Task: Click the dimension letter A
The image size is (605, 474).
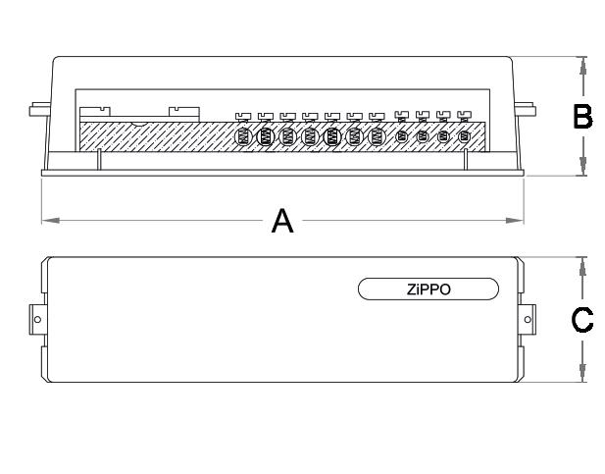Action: click(282, 222)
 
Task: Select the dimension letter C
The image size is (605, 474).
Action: click(581, 320)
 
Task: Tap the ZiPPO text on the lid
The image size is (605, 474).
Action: click(428, 289)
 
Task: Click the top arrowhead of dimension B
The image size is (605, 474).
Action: click(583, 64)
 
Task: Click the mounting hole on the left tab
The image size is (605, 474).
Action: click(37, 320)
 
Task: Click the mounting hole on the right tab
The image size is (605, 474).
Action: click(528, 320)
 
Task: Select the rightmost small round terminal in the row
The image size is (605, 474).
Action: click(465, 136)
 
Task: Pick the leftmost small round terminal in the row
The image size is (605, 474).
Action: click(400, 136)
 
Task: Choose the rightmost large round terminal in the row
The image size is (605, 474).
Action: click(377, 136)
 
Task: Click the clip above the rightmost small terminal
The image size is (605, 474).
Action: click(465, 116)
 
